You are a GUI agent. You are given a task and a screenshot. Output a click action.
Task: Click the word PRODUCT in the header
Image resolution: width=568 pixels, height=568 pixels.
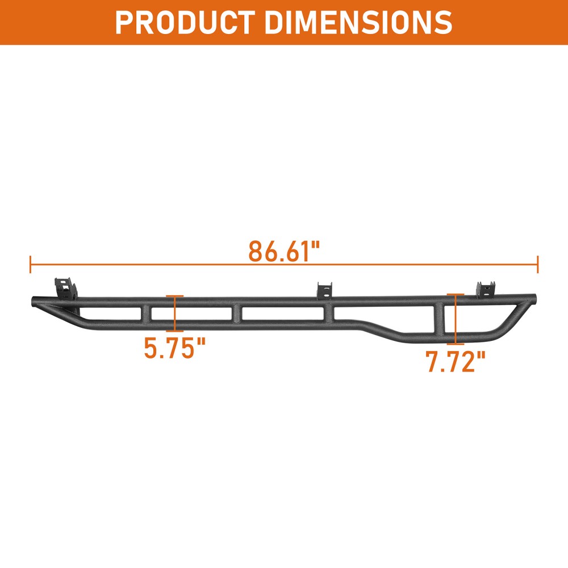[x=182, y=22]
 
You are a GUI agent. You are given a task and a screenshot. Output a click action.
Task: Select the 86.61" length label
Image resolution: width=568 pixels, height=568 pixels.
[x=285, y=251]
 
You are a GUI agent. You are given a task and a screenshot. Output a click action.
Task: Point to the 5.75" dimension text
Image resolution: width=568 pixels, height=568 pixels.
[x=174, y=348]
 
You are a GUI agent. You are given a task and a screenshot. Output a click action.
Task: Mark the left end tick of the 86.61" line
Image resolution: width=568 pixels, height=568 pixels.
[x=30, y=264]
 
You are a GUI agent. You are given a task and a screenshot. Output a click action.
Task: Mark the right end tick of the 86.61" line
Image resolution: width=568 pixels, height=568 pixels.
[x=537, y=264]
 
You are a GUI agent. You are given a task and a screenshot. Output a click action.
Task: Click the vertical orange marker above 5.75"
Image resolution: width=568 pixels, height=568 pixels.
[x=175, y=313]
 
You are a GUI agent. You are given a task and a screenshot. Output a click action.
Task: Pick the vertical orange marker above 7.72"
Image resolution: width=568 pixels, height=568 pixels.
[x=456, y=319]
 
